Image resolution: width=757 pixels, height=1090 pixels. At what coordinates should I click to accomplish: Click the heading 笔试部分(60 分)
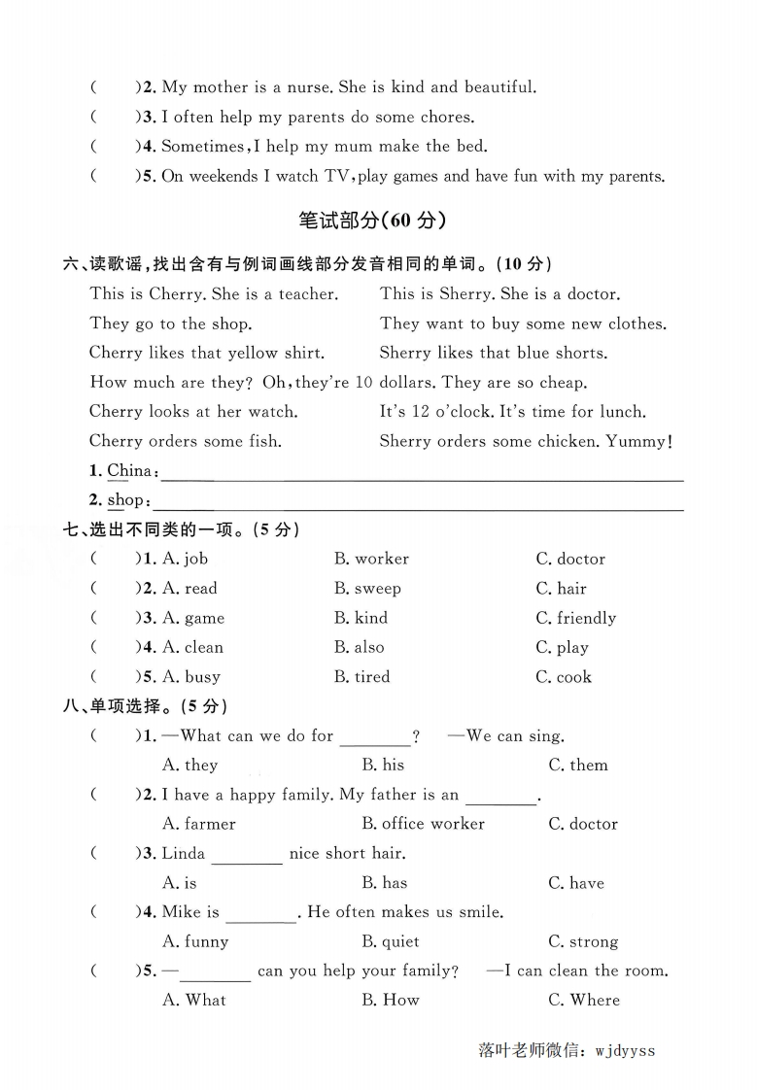[x=372, y=221]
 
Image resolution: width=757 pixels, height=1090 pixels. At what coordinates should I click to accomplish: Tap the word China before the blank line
[x=129, y=471]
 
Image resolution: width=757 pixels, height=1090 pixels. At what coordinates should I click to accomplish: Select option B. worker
[x=371, y=559]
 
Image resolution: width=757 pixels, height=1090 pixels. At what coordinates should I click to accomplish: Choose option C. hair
[x=561, y=589]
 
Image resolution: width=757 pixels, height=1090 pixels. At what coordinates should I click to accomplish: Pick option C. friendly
[x=575, y=618]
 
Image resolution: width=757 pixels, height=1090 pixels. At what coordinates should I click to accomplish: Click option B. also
[x=359, y=647]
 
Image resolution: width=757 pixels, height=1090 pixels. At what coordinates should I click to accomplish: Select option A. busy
[x=191, y=677]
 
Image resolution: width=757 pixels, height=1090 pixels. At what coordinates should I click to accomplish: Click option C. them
[x=577, y=766]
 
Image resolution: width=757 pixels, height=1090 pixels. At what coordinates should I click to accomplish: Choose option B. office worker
[x=423, y=824]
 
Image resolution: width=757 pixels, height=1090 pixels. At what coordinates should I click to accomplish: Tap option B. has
[x=384, y=883]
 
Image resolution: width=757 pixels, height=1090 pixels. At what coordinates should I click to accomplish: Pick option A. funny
[x=195, y=941]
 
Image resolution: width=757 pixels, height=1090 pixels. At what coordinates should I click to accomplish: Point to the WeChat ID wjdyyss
[x=624, y=1050]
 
